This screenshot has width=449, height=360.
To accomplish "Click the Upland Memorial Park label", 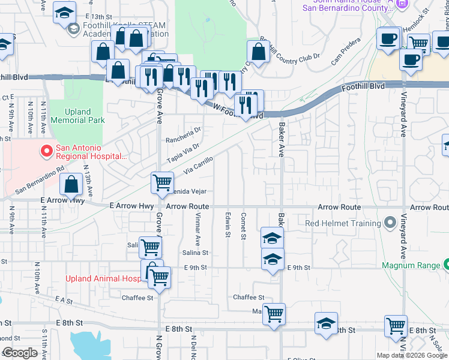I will pos(77,116).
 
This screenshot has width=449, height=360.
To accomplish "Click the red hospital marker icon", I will pos(45,150).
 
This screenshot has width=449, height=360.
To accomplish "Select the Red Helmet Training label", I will pos(343,223).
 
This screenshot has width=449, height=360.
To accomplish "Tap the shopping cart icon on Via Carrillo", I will pos(162,182).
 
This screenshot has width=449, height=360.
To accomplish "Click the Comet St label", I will pos(244,224).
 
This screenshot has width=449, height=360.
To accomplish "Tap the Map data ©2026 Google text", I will pos(412,355).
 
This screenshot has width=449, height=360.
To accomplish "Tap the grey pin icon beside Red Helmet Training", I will pos(391,223).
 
